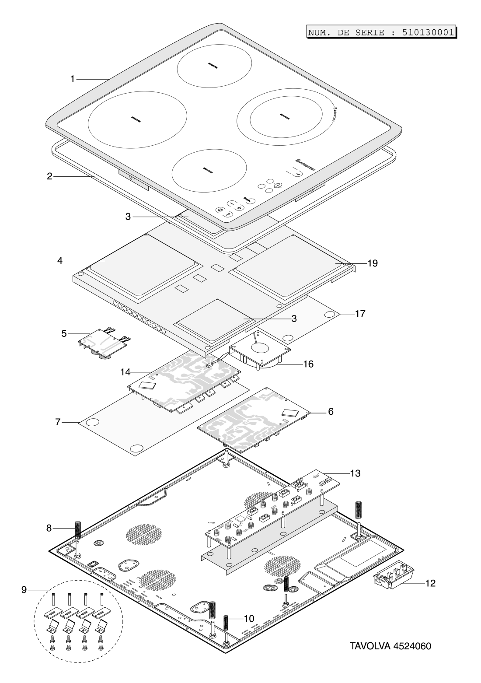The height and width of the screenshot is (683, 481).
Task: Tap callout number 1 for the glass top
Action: [x=73, y=79]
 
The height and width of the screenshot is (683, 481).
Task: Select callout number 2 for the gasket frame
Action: [x=50, y=177]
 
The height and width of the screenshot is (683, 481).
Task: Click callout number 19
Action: [x=372, y=263]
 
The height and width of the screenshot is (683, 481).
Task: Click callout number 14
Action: [x=125, y=372]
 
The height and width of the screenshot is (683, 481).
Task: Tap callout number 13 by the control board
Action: [x=355, y=473]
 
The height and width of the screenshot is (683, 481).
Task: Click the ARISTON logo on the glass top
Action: [x=305, y=164]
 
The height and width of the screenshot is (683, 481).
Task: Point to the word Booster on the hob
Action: [x=333, y=114]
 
